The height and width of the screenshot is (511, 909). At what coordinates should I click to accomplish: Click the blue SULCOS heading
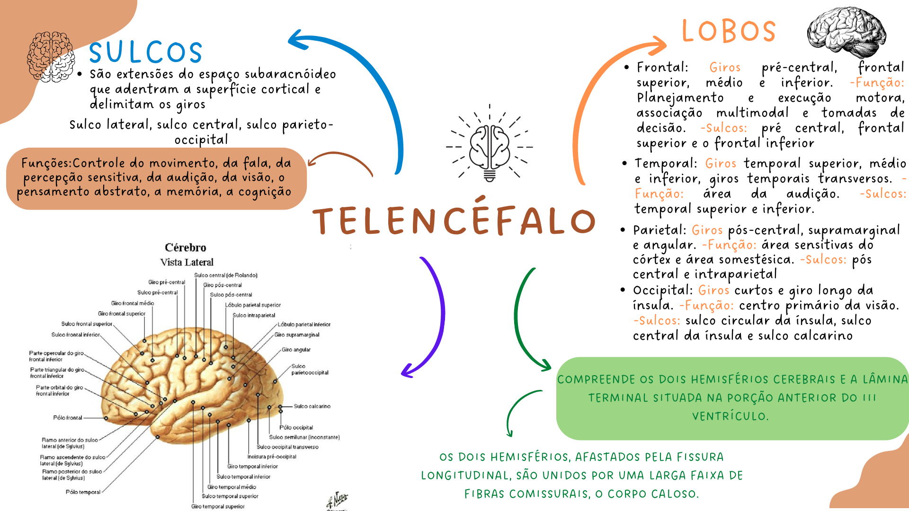pos(146,52)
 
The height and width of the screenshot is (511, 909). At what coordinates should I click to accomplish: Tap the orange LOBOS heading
pos(729,31)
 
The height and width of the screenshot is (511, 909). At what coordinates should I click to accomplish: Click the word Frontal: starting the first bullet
pos(662,67)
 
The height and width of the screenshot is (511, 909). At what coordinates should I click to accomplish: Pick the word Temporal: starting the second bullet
pos(666,163)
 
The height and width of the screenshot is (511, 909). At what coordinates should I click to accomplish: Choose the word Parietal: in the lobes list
pos(659,230)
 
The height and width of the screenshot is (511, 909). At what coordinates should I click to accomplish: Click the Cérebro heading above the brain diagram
pos(186,247)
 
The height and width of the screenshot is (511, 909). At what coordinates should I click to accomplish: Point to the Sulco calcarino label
pos(312,406)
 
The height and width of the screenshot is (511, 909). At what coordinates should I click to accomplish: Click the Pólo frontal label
pos(68,418)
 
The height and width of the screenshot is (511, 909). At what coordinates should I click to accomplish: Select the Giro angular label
pos(296,350)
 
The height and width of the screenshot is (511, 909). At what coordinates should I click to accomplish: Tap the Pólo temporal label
pos(83,492)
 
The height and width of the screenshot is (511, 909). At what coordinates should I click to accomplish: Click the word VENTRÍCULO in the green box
pos(730,416)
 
